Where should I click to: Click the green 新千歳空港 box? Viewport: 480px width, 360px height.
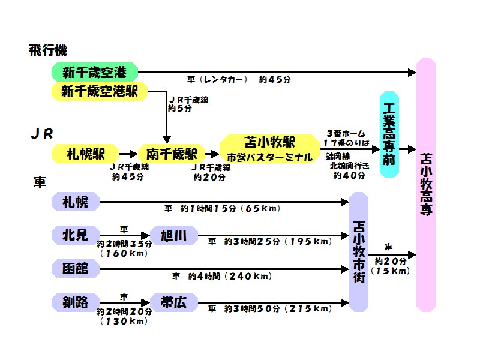pyautogui.click(x=95, y=73)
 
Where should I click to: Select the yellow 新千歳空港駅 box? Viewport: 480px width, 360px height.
pyautogui.click(x=100, y=92)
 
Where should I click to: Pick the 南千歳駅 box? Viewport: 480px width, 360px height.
pyautogui.click(x=168, y=153)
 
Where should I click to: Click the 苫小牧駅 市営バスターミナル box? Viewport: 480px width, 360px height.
pyautogui.click(x=269, y=149)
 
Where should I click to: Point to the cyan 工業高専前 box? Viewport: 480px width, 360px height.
pyautogui.click(x=389, y=134)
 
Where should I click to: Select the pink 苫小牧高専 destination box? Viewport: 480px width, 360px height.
pyautogui.click(x=425, y=184)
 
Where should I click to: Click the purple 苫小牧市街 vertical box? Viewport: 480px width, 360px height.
pyautogui.click(x=359, y=252)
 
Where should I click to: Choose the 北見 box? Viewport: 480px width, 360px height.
pyautogui.click(x=76, y=235)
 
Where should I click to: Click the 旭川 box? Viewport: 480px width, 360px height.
pyautogui.click(x=173, y=235)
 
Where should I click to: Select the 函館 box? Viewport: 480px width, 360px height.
pyautogui.click(x=76, y=269)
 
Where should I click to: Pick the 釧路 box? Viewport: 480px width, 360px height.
pyautogui.click(x=76, y=302)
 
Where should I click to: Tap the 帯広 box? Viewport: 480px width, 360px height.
pyautogui.click(x=173, y=302)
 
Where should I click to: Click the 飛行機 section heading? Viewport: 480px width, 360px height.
pyautogui.click(x=48, y=50)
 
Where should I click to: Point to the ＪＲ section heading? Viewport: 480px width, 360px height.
pyautogui.click(x=42, y=133)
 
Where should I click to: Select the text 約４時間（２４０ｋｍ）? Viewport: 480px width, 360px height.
pyautogui.click(x=222, y=277)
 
